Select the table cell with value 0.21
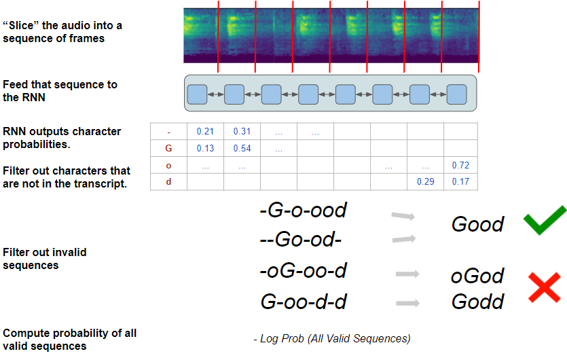tap(205, 131)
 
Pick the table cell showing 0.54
tap(242, 148)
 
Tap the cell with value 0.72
tap(460, 165)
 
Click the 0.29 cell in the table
tap(424, 182)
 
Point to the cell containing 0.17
tap(460, 182)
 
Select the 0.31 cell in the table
tap(242, 131)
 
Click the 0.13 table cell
tap(205, 148)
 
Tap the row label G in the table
tap(168, 148)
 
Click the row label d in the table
tap(168, 182)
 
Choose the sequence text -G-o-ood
tap(303, 210)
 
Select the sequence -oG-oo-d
tap(303, 271)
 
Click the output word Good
tap(477, 224)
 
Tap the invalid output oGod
tap(477, 276)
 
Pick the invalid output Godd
tap(477, 301)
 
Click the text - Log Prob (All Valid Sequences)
tap(331, 338)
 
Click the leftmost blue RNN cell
tap(197, 94)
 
